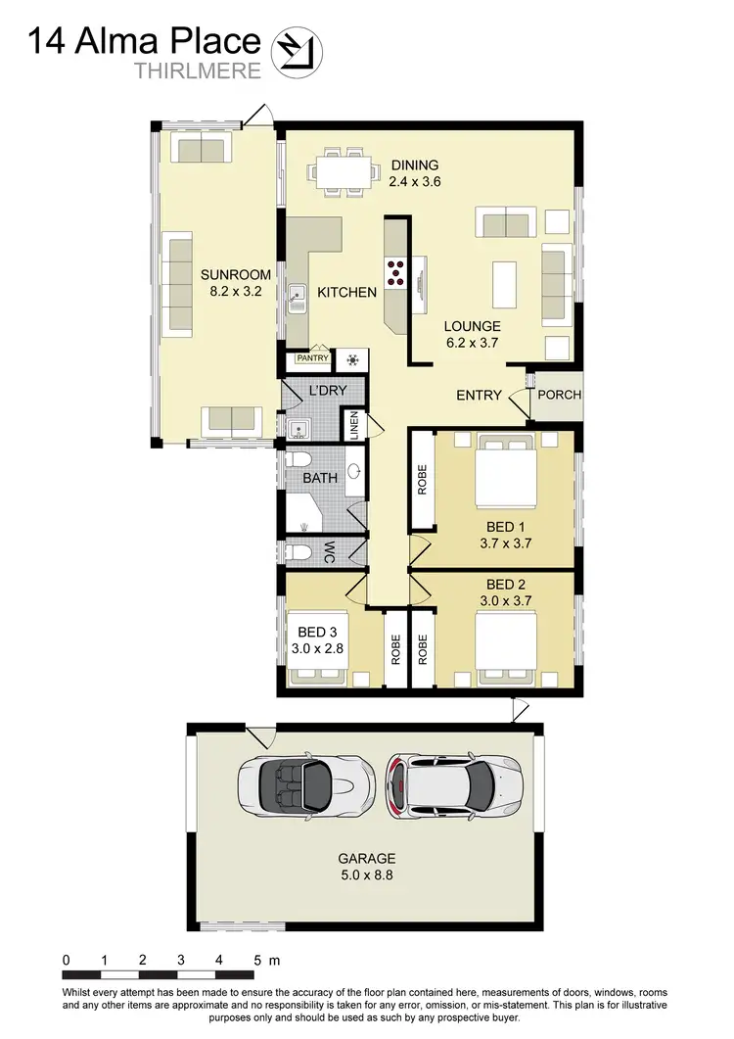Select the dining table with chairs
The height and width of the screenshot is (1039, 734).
point(344,171)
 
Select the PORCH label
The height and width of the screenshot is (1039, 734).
point(560,395)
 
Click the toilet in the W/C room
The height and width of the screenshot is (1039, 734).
point(298,552)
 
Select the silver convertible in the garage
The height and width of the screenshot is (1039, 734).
point(305,782)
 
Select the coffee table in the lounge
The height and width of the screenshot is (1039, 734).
point(504,285)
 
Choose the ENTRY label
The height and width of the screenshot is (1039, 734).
point(480,395)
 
